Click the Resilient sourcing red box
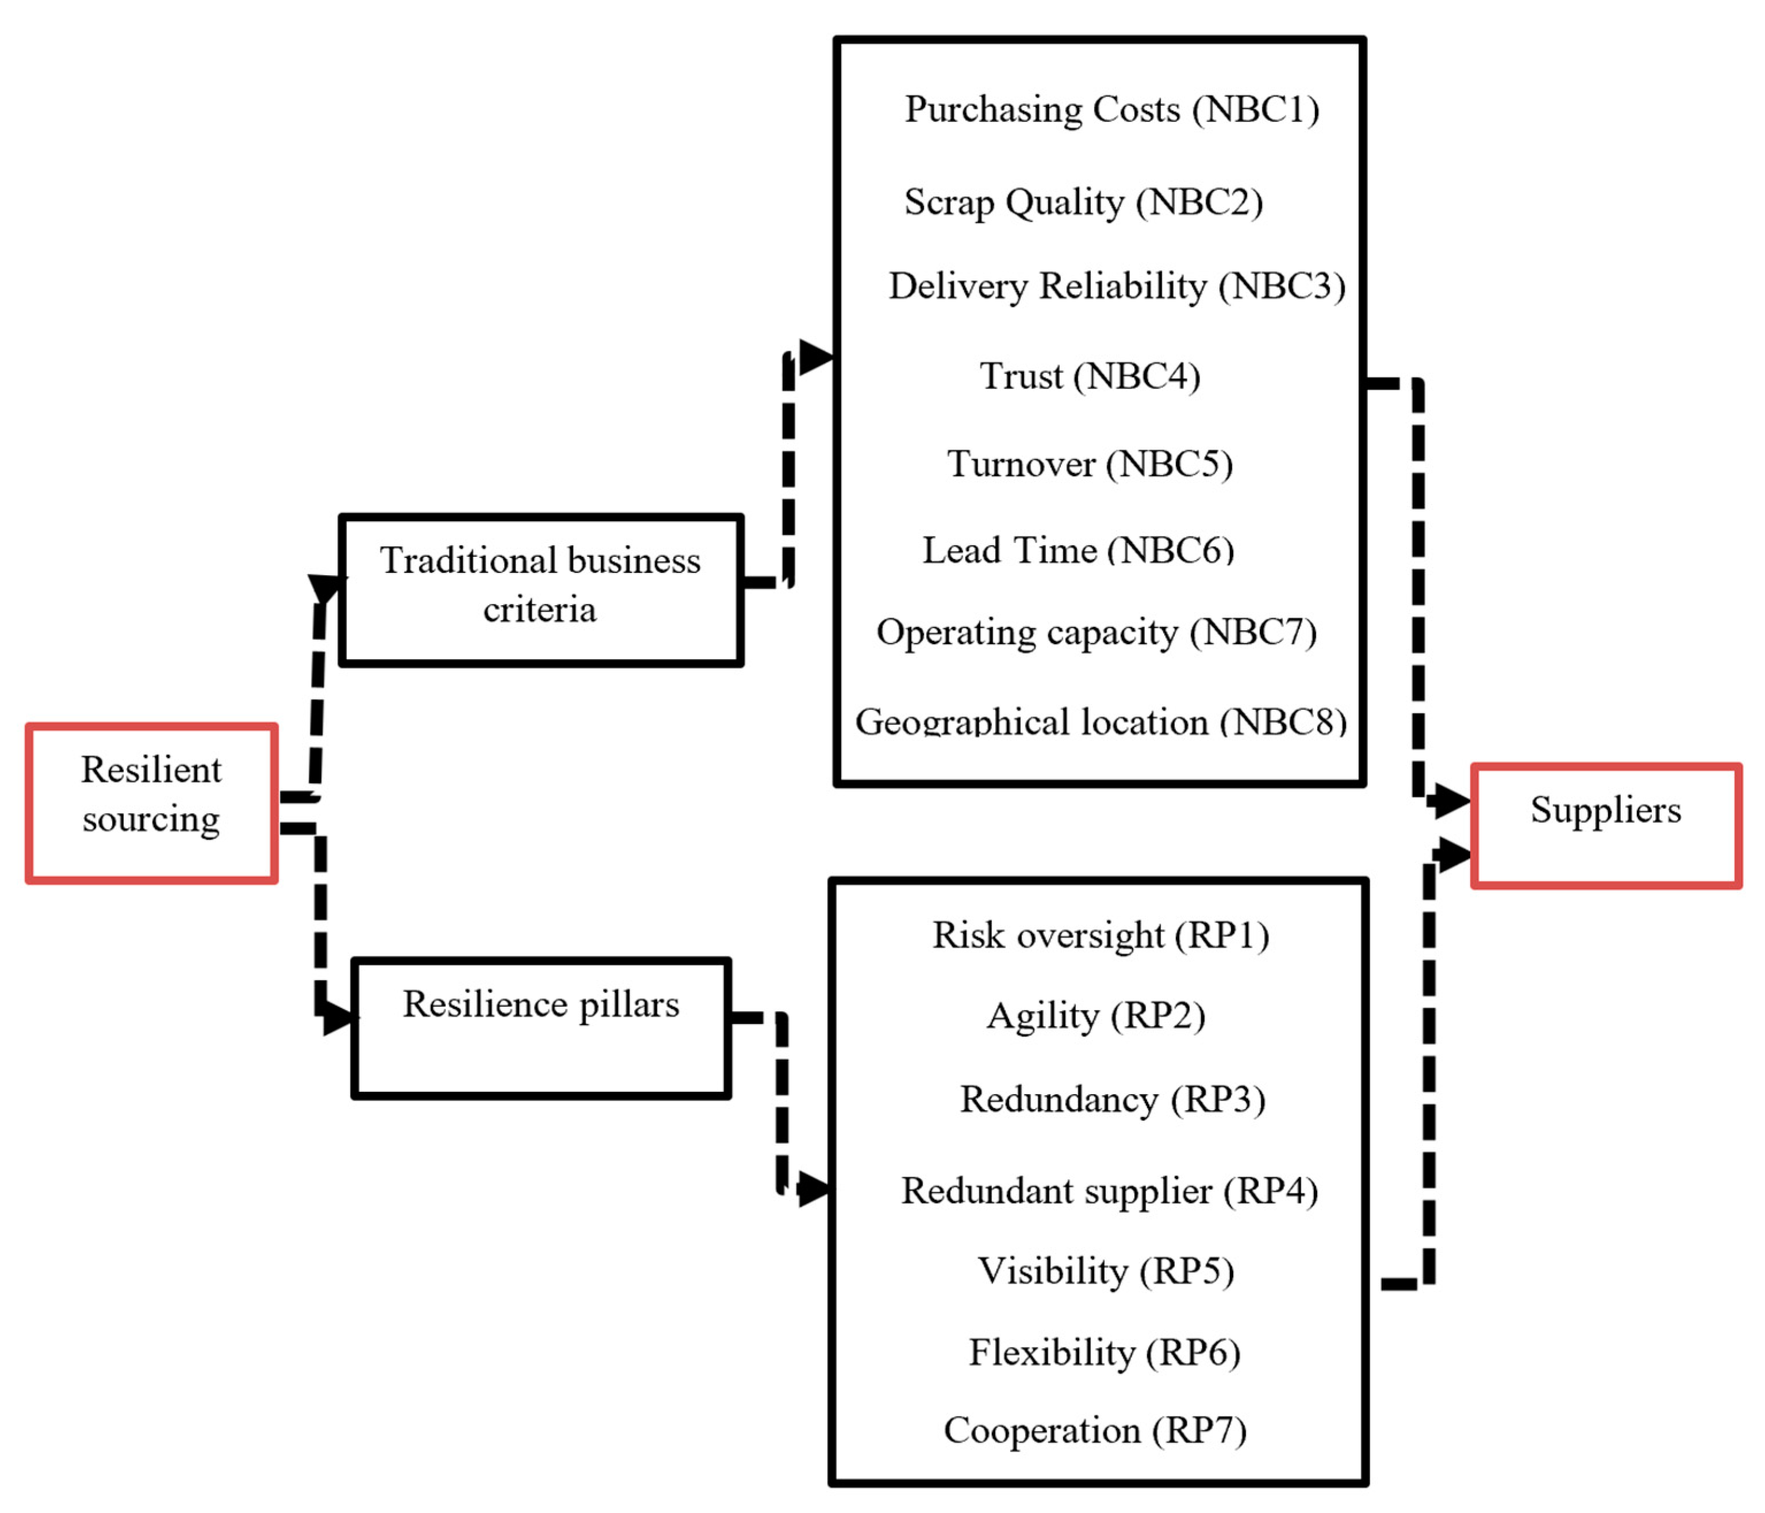tap(152, 803)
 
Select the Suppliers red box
tap(1606, 826)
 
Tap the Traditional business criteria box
tap(541, 590)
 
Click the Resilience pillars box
tap(541, 1028)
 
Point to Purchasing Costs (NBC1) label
tap(1112, 109)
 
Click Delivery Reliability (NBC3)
tap(1117, 286)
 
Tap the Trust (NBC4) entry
tap(1090, 376)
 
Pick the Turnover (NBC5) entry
tap(1090, 464)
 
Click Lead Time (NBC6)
tap(1078, 550)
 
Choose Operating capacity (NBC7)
tap(1097, 632)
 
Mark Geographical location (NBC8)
tap(1101, 722)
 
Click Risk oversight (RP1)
tap(1101, 935)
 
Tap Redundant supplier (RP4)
tap(1109, 1191)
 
